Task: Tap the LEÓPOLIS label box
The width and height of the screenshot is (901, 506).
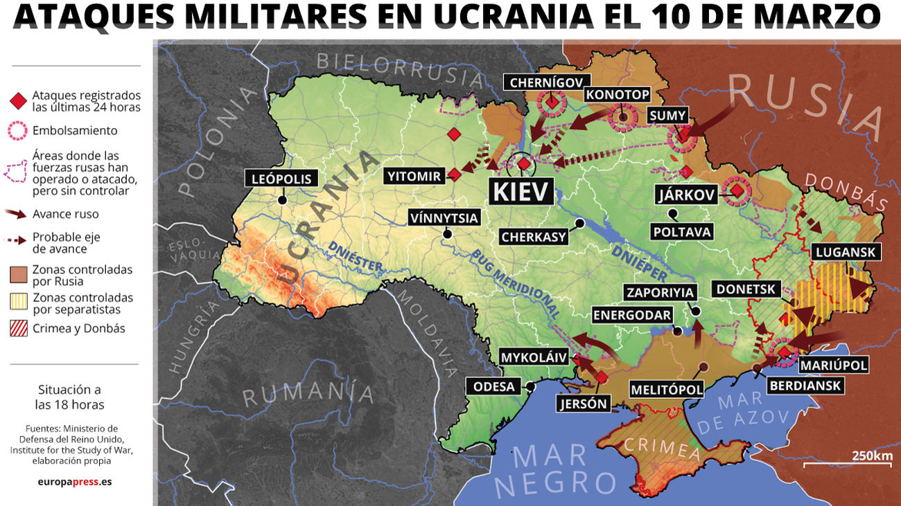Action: coord(282,179)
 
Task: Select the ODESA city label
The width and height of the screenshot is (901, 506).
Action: coord(494,386)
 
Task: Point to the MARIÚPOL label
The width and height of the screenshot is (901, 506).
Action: coord(833,365)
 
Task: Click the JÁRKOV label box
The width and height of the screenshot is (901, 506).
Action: coord(685,195)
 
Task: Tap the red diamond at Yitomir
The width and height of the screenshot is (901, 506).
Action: coord(454,174)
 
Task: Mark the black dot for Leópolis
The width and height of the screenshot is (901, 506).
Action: coord(283,201)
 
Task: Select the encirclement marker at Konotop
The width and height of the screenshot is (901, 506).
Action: coord(623,118)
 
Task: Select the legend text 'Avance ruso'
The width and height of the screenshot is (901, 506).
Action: coord(65,214)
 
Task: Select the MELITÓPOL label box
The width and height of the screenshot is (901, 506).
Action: coord(666,390)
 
